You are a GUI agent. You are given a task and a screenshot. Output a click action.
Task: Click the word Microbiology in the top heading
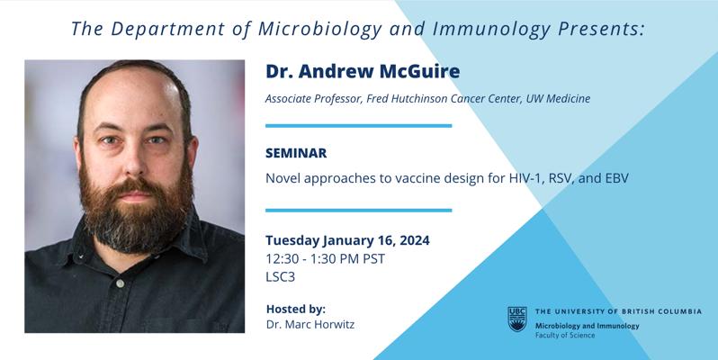pos(320,30)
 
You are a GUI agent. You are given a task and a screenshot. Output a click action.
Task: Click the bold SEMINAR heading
pos(296,153)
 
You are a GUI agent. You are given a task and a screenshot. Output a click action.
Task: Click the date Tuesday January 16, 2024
pos(347,240)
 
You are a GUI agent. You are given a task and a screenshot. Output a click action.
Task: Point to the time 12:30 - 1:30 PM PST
pos(325,259)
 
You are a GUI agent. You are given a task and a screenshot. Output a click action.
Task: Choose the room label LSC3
pos(280,277)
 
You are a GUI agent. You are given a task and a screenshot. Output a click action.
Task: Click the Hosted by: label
pos(296,310)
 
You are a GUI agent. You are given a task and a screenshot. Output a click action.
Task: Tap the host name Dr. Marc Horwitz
pos(310,325)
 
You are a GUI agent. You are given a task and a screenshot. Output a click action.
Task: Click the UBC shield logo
pos(517,319)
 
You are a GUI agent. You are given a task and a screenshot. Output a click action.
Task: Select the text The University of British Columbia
pos(618,311)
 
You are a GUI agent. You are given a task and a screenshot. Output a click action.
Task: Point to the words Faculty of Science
pos(565,336)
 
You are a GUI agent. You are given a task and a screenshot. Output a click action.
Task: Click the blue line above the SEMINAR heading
pos(358,125)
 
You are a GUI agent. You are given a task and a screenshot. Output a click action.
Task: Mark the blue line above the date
pos(358,211)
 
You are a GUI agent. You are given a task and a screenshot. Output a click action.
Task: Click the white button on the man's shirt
pos(120,284)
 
